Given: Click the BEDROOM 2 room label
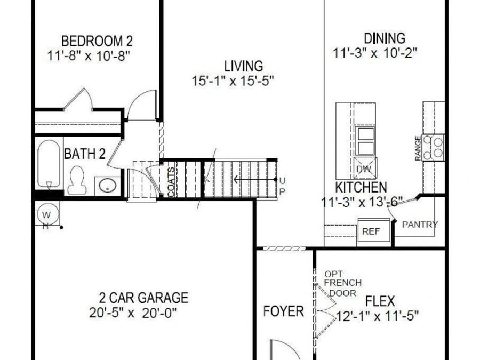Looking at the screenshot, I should click(97, 41).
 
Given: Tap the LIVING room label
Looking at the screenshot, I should click(243, 66).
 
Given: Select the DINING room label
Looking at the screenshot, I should click(385, 38).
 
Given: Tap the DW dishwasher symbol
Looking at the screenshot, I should click(364, 170).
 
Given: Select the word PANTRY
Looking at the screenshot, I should click(420, 225).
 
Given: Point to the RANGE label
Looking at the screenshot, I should click(418, 148).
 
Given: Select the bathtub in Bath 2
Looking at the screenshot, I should click(49, 163).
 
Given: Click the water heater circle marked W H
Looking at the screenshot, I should click(46, 215).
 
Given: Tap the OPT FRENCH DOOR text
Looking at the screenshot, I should click(342, 283).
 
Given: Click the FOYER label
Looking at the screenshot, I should click(283, 311).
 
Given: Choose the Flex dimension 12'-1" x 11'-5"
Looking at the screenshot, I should click(378, 315).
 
